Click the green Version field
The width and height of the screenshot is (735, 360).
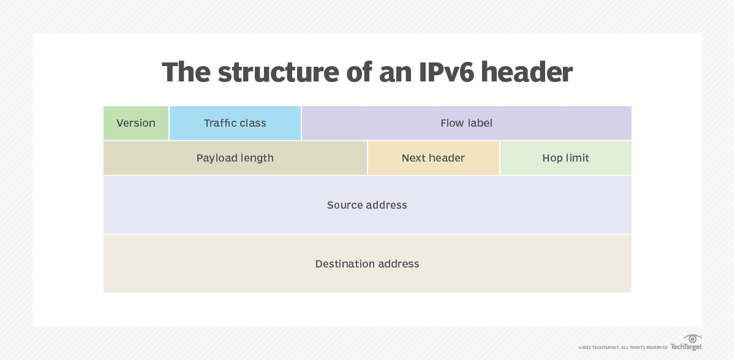pos(136,123)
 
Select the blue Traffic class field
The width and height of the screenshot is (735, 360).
pos(235,123)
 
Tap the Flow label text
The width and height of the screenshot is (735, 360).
pos(466,123)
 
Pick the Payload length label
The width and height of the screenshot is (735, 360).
pos(235,158)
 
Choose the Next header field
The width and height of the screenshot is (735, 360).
pos(433,158)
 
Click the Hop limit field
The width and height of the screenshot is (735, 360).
pos(565,158)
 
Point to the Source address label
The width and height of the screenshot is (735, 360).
pos(367,205)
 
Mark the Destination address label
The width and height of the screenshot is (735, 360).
pos(367,264)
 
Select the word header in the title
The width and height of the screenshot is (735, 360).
pos(527,72)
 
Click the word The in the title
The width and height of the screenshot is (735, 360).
pos(186,72)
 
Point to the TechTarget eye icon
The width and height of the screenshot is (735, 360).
pos(693,339)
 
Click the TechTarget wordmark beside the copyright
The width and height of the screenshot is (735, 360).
pos(686,347)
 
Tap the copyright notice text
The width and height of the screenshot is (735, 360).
pos(623,348)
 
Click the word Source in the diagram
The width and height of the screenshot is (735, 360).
pos(345,205)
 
